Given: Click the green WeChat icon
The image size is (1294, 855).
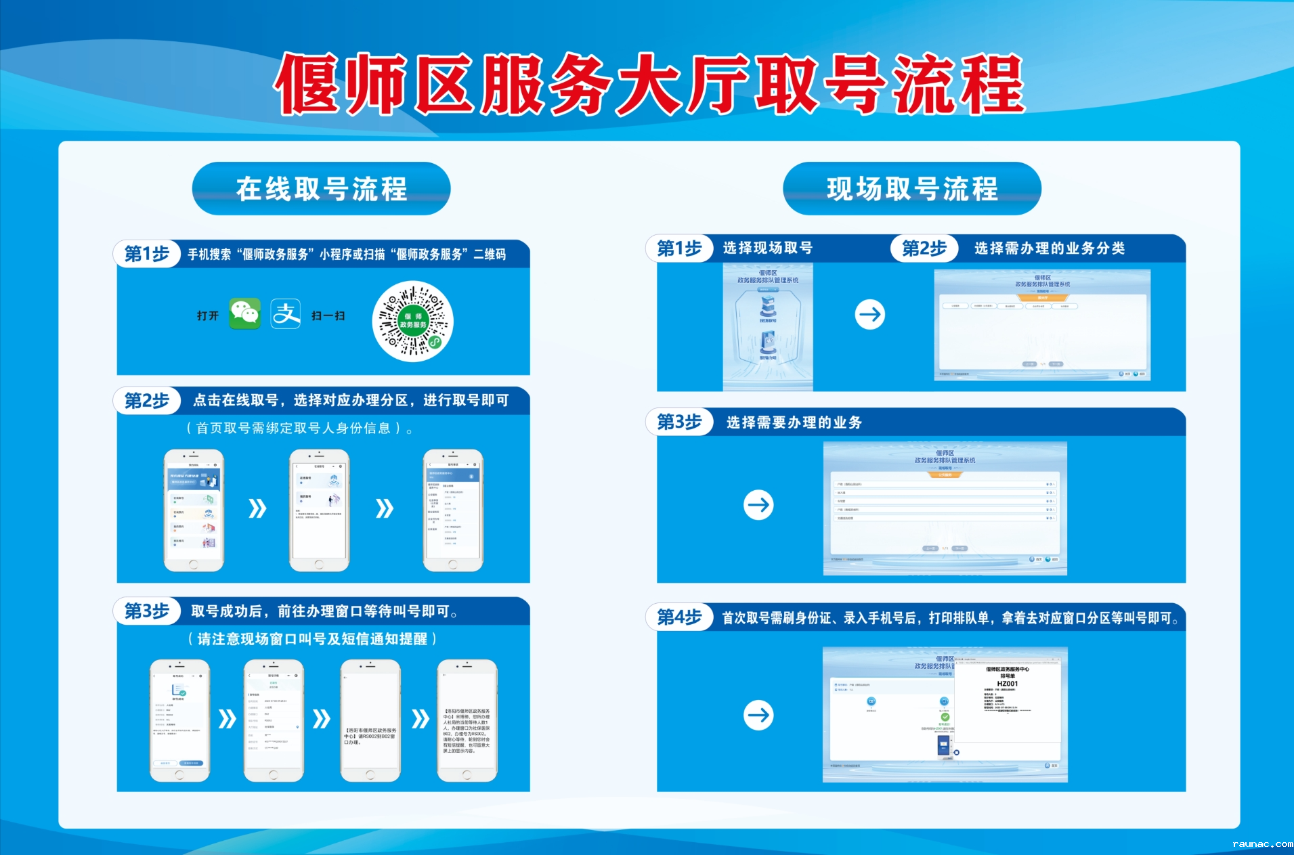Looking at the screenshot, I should click(x=244, y=314).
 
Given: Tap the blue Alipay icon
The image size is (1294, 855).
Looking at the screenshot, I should click(x=286, y=314).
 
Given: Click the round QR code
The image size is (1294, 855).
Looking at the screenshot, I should click(x=412, y=321).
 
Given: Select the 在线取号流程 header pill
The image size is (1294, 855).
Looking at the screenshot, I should click(x=321, y=189).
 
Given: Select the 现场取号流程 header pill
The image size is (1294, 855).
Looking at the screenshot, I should click(x=911, y=189).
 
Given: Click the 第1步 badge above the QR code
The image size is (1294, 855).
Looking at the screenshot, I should click(x=147, y=254).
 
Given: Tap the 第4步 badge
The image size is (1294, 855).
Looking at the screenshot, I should click(x=679, y=617).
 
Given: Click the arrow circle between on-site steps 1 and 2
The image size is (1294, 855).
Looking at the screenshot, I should click(x=870, y=314).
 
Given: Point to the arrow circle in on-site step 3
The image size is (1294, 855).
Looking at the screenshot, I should click(x=758, y=505).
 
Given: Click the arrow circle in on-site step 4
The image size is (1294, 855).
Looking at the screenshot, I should click(x=758, y=715).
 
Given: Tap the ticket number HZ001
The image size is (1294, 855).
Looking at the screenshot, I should click(x=1007, y=684).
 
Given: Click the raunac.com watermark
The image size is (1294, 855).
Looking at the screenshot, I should click(x=1262, y=844).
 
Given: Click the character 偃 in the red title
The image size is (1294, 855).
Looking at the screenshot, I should click(x=309, y=84).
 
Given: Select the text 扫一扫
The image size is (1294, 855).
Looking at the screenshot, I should click(x=328, y=315).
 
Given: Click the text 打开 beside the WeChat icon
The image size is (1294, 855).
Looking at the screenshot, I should click(x=208, y=315).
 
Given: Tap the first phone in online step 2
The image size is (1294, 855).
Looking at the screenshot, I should click(x=194, y=510).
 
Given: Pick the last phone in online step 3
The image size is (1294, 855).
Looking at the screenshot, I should click(x=467, y=720).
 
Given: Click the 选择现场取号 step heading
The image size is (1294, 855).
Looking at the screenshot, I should click(x=767, y=248).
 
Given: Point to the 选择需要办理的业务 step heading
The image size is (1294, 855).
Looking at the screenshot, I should click(x=794, y=422).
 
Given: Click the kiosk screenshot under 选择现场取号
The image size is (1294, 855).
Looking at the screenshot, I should click(x=768, y=326).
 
